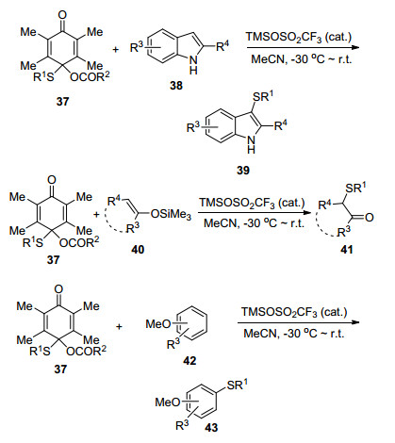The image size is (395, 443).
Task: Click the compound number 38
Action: click(176, 85)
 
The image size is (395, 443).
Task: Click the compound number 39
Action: click(243, 170)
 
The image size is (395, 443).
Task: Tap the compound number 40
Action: click(139, 250)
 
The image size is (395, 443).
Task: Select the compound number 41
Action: click(346, 250)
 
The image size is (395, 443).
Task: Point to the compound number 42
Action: click(189, 360)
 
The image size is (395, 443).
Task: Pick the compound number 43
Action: click(211, 427)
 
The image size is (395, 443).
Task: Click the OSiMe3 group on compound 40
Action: click(171, 215)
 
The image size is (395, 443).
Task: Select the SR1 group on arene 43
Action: click(237, 384)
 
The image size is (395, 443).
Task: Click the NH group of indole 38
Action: click(194, 64)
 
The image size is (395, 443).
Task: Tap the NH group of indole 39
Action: click(252, 143)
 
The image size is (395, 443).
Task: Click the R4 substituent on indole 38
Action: click(222, 47)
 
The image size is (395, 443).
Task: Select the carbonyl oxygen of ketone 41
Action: click(370, 217)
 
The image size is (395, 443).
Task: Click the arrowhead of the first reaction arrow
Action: click(355, 48)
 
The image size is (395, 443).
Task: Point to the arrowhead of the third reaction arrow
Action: click(354, 322)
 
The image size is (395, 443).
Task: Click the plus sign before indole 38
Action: click(116, 49)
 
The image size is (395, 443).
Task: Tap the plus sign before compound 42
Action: click(119, 327)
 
